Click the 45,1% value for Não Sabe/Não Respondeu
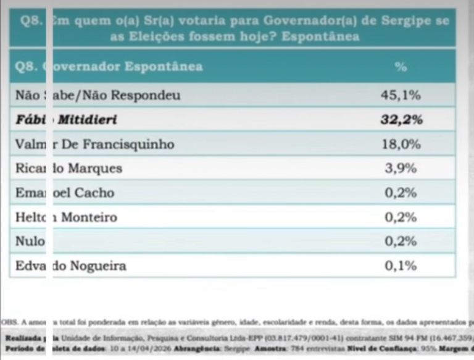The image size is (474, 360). pyautogui.click(x=401, y=95)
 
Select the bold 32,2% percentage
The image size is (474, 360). pyautogui.click(x=401, y=120)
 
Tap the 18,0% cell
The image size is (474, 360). pyautogui.click(x=401, y=144)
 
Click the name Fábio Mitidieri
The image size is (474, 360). pyautogui.click(x=66, y=120)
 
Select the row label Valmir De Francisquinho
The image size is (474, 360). pyautogui.click(x=94, y=144)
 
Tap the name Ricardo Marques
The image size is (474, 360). pyautogui.click(x=69, y=169)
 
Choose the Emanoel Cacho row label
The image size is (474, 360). pyautogui.click(x=65, y=193)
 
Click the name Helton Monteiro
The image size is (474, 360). pyautogui.click(x=66, y=217)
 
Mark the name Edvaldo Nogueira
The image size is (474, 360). pyautogui.click(x=71, y=266)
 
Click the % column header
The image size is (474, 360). pyautogui.click(x=401, y=67)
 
